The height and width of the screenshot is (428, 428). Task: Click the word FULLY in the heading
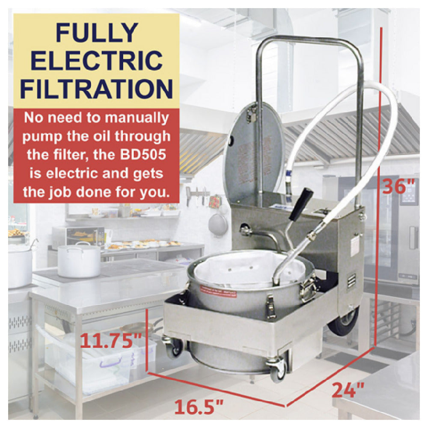tap(96, 33)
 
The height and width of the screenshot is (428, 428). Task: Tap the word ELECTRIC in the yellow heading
tap(97, 60)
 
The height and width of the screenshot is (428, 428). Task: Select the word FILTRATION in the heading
tap(96, 89)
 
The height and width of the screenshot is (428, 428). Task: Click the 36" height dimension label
tap(399, 187)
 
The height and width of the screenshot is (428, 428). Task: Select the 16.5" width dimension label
tap(199, 407)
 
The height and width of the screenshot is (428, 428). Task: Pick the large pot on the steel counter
tap(79, 261)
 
